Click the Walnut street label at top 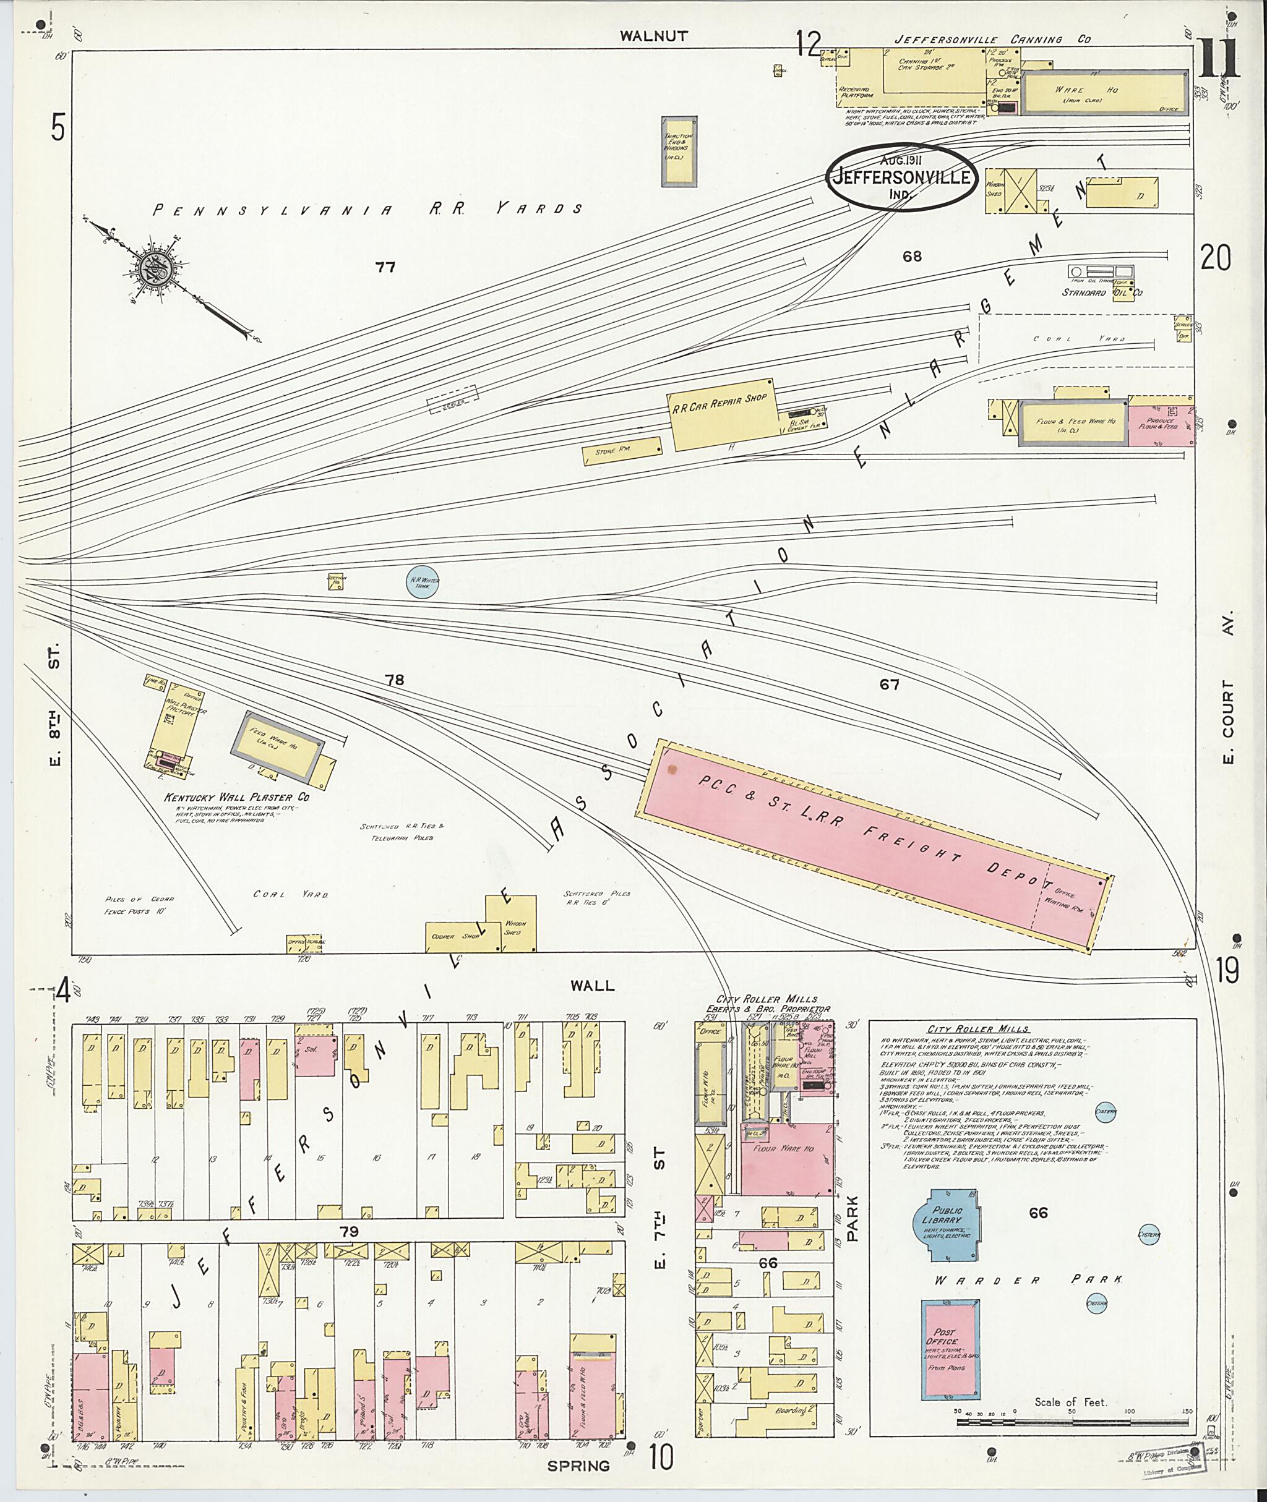click(x=655, y=35)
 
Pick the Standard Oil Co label click(x=1102, y=292)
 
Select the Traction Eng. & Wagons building click(x=678, y=151)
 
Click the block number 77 click(x=385, y=268)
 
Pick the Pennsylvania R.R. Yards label click(x=367, y=210)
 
